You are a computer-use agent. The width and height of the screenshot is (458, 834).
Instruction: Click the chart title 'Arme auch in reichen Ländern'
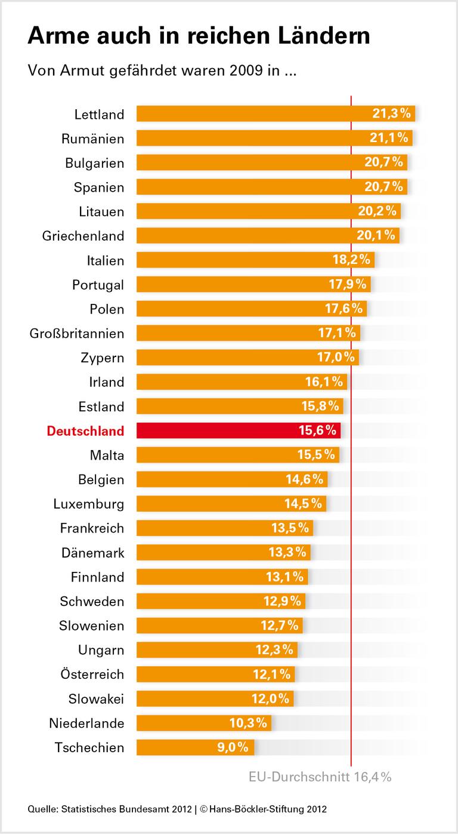tap(199, 36)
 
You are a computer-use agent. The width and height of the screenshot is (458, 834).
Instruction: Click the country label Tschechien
tap(89, 747)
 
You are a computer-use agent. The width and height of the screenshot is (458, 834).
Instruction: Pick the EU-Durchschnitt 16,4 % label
tap(320, 777)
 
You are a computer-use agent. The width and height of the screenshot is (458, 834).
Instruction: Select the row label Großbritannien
tap(77, 333)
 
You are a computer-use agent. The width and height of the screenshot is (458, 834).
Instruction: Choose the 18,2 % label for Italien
tap(352, 260)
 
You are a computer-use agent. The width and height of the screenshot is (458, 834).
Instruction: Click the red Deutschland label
tap(85, 431)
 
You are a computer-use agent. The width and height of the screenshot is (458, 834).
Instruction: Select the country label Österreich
tap(92, 675)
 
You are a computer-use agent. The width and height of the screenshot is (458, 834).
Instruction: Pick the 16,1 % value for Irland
tap(324, 382)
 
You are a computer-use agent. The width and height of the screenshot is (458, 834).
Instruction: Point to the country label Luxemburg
tap(88, 504)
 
